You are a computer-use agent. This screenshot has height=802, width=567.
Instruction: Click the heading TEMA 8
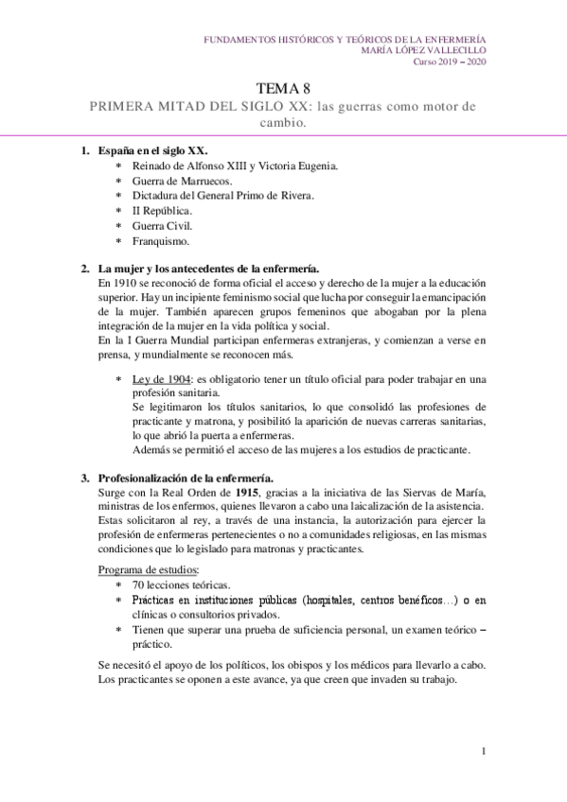pos(283,88)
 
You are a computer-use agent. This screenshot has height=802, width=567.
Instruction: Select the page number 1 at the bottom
pos(483,752)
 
